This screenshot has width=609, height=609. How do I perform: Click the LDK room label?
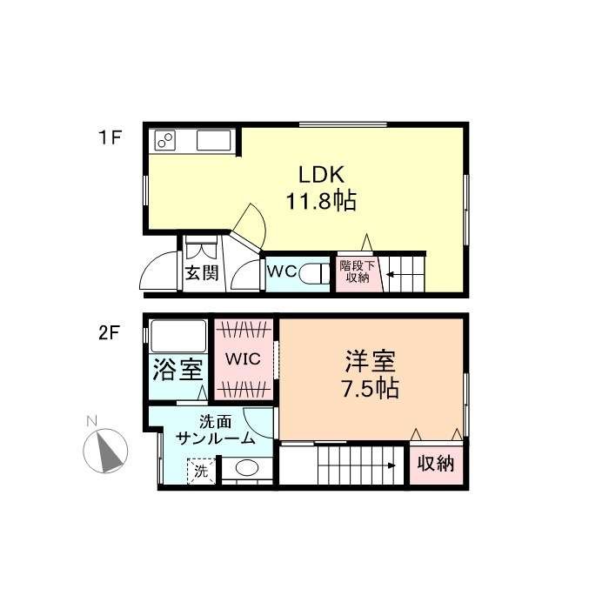click(x=321, y=175)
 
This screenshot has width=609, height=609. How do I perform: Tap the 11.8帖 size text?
click(x=321, y=201)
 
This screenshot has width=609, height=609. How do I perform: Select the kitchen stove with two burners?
click(x=165, y=140)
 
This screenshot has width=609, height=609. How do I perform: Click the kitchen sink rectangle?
click(x=214, y=140)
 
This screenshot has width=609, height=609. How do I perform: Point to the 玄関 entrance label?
click(x=202, y=273)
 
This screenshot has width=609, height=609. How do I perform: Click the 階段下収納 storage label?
click(x=358, y=271)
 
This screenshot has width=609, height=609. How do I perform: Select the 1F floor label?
click(x=110, y=137)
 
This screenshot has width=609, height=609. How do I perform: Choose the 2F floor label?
click(x=109, y=333)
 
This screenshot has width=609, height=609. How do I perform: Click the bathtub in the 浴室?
click(x=178, y=336)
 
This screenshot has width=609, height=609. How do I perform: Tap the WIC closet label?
click(x=243, y=358)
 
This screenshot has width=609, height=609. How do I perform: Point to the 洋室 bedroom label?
click(x=370, y=361)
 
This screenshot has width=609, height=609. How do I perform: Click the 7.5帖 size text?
click(x=370, y=388)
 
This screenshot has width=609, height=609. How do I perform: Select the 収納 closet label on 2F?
click(x=436, y=464)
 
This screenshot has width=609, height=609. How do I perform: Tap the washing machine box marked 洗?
click(x=201, y=472)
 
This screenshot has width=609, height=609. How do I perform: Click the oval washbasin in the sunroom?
click(x=247, y=468)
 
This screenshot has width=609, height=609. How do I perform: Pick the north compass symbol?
click(x=105, y=451)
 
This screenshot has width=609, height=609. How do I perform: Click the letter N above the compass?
click(x=91, y=421)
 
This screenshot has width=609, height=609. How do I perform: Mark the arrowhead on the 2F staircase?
click(x=391, y=465)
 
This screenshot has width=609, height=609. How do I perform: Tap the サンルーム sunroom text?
click(x=215, y=438)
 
